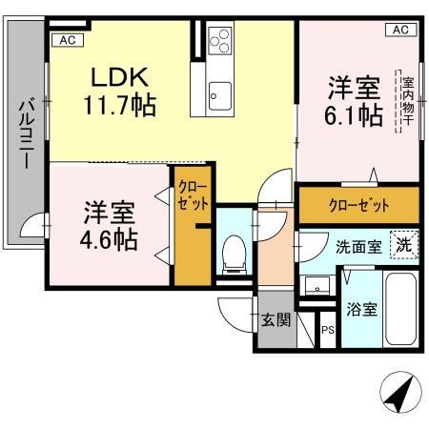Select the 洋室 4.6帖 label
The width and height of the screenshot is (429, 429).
point(106,224)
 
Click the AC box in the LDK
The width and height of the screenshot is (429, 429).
point(66,39)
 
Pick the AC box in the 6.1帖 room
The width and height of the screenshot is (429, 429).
point(400,31)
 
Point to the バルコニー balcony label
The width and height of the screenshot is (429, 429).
point(27,134)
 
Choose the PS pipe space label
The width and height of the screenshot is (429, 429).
point(327,331)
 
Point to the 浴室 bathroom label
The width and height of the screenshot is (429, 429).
point(361,309)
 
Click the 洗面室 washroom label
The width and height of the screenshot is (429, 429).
point(357,246)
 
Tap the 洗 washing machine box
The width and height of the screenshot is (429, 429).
point(404,244)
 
